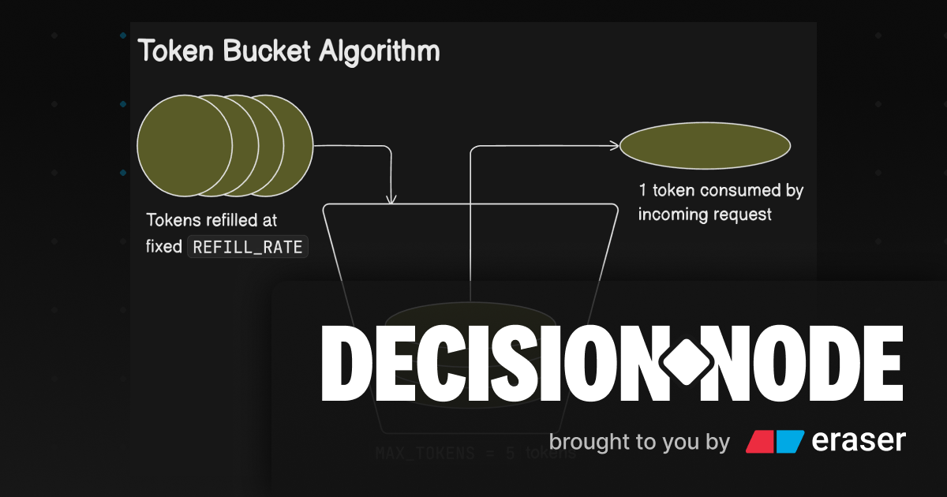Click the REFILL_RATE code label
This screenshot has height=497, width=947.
(248, 246)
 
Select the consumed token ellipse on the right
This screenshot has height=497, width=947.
(705, 145)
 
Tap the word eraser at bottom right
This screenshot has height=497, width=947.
(859, 441)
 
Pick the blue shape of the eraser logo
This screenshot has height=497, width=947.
(789, 442)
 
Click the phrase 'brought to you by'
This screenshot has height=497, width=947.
(639, 442)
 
